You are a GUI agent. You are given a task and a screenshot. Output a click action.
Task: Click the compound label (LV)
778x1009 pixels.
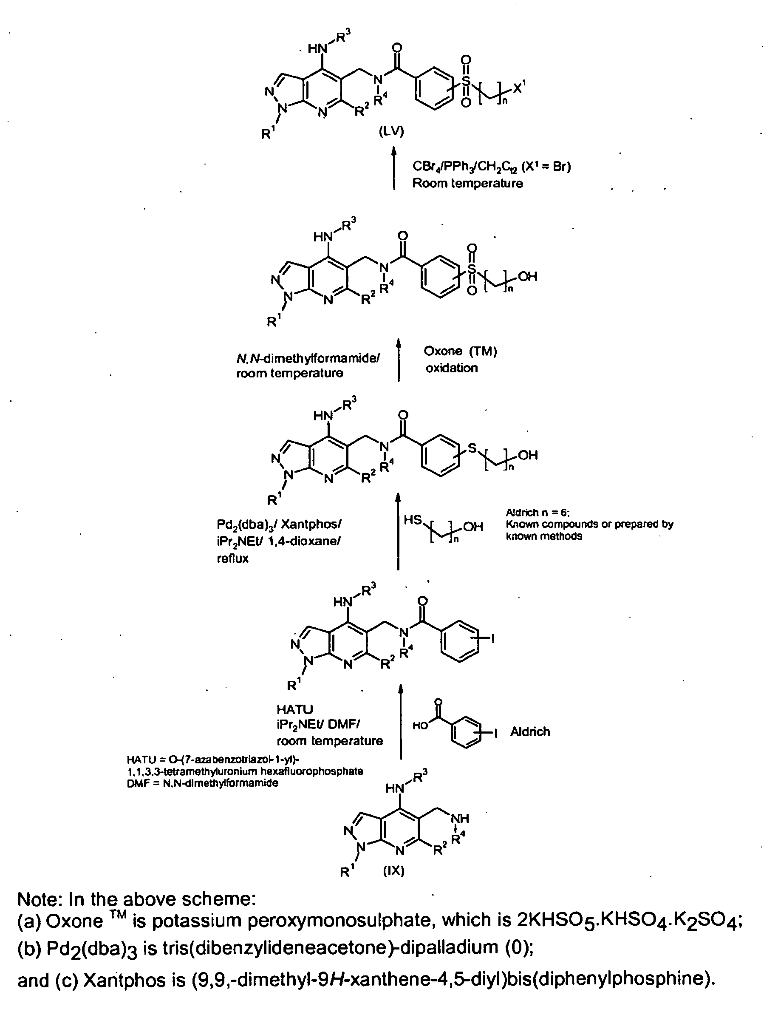391,132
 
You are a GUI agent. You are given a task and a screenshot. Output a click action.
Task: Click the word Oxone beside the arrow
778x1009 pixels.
443,351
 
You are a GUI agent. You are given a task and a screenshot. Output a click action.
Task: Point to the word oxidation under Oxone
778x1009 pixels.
451,368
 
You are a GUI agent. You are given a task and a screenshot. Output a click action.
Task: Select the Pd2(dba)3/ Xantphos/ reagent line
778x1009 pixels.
279,524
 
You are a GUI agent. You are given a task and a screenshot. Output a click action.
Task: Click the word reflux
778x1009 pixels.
232,558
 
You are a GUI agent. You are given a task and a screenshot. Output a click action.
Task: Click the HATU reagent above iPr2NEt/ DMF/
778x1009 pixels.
295,709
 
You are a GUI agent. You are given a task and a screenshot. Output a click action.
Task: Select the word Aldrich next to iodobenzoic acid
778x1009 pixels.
530,731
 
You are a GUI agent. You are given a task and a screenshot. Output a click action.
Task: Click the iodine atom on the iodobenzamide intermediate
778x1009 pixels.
492,638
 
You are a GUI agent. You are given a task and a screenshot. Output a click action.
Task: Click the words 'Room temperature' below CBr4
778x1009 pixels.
467,184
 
